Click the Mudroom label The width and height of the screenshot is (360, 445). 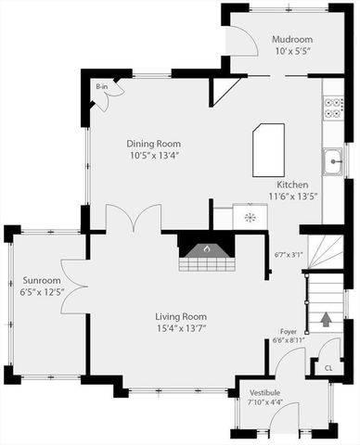pyautogui.click(x=291, y=40)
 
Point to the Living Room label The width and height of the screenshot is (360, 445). pyautogui.click(x=181, y=316)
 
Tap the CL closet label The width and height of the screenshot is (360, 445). pyautogui.click(x=328, y=368)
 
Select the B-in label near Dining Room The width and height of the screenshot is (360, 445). pyautogui.click(x=101, y=86)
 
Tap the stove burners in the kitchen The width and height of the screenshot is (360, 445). pyautogui.click(x=333, y=108)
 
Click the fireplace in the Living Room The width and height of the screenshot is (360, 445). pyautogui.click(x=206, y=249)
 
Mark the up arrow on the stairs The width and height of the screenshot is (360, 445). pyautogui.click(x=326, y=321)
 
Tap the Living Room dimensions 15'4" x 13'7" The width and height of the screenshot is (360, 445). pyautogui.click(x=181, y=327)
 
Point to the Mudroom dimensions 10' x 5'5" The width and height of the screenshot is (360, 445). pyautogui.click(x=291, y=52)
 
